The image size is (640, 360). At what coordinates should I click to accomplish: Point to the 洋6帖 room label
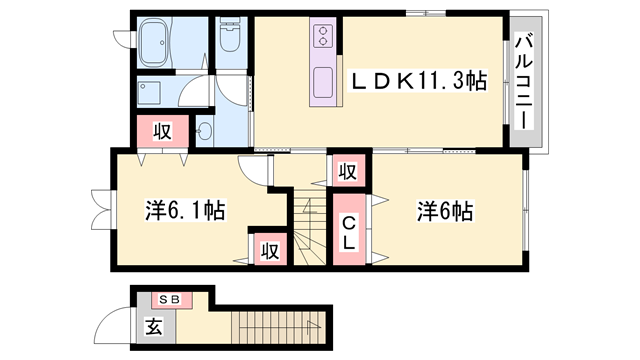pyautogui.click(x=444, y=211)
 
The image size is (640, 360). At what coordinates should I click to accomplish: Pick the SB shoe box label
pyautogui.click(x=167, y=298)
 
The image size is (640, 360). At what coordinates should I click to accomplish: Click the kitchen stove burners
pyautogui.click(x=325, y=37)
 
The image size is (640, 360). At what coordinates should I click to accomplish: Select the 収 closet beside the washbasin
pyautogui.click(x=160, y=130)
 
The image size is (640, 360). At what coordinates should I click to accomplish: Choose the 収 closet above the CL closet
pyautogui.click(x=346, y=172)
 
